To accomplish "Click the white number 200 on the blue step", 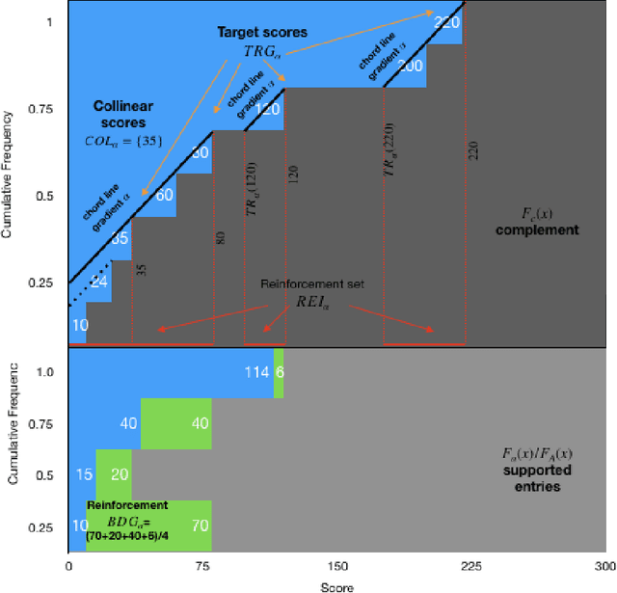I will click(x=410, y=67).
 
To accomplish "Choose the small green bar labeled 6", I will click(x=279, y=372).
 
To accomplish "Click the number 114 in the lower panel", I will click(x=256, y=372).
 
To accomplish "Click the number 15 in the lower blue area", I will click(x=83, y=474).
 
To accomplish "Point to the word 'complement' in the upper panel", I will click(x=545, y=230).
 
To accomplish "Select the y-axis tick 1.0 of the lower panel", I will click(x=42, y=370).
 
